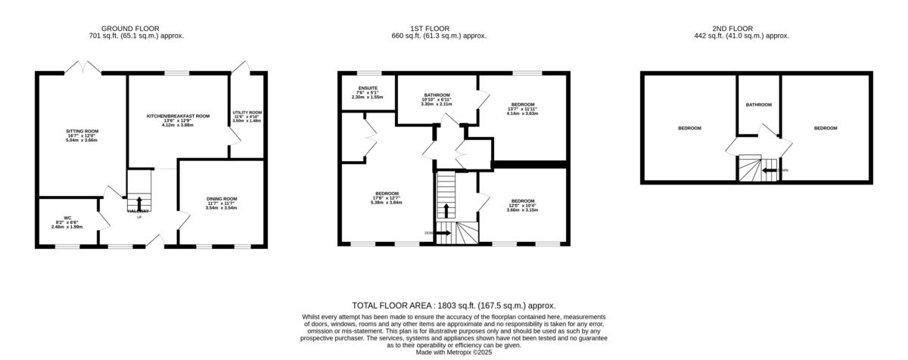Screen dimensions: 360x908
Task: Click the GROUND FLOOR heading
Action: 136,28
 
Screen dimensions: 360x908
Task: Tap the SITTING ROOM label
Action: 82,131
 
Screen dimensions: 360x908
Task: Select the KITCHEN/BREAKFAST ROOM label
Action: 178,116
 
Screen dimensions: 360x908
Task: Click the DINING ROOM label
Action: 222,199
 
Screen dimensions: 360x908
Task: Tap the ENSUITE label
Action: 367,88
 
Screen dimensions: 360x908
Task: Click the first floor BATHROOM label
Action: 437,95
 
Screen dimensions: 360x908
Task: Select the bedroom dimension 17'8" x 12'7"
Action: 386,203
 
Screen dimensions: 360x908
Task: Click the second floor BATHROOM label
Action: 758,104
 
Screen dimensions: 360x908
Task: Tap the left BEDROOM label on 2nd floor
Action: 689,129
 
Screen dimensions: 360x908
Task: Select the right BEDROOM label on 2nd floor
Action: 826,129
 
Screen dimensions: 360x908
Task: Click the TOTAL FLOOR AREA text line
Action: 454,304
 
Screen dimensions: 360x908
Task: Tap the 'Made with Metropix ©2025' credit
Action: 454,352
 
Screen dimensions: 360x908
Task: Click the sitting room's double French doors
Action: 82,69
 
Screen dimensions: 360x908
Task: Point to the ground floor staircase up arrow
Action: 138,200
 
